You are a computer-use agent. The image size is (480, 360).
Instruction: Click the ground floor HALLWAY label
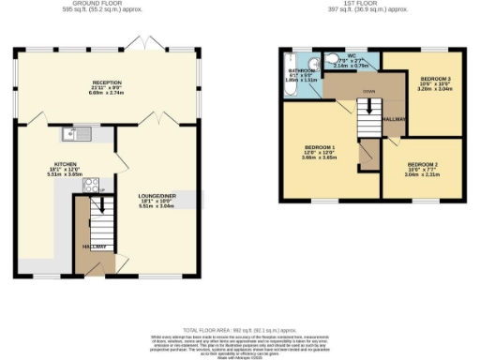coord(93,246)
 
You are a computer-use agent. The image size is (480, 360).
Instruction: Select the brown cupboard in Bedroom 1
coord(368,156)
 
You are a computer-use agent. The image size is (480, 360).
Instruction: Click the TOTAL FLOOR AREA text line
coord(238,329)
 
